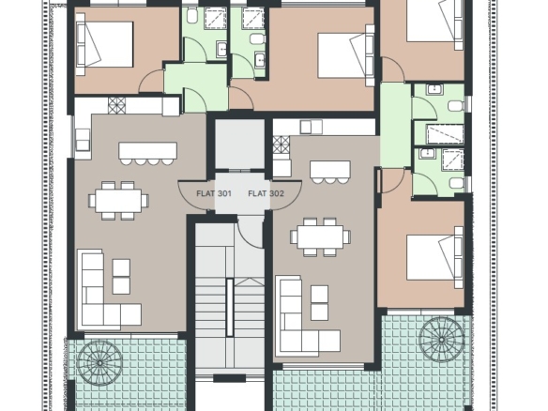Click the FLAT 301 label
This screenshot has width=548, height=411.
tap(214, 193)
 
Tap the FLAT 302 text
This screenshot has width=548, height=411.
tap(266, 193)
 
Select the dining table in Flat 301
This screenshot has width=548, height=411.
tap(118, 200)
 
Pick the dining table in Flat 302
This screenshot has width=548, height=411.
tap(321, 236)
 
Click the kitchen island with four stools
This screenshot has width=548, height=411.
tap(147, 153)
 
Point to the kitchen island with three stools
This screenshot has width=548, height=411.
tap(330, 172)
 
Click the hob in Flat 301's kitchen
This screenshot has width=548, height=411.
tap(116, 105)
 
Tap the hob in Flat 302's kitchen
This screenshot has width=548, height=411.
tap(282, 145)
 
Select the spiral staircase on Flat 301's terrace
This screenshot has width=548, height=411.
tap(99, 363)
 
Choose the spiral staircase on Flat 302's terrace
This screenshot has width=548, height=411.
tap(441, 340)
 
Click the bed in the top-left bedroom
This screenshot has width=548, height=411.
tap(104, 44)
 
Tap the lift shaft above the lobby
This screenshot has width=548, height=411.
tap(239, 144)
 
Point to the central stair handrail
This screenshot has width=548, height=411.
tap(230, 308)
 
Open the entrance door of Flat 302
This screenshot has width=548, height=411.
tap(286, 196)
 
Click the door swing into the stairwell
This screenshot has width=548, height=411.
tap(250, 233)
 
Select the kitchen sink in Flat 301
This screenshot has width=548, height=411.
tap(83, 139)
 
